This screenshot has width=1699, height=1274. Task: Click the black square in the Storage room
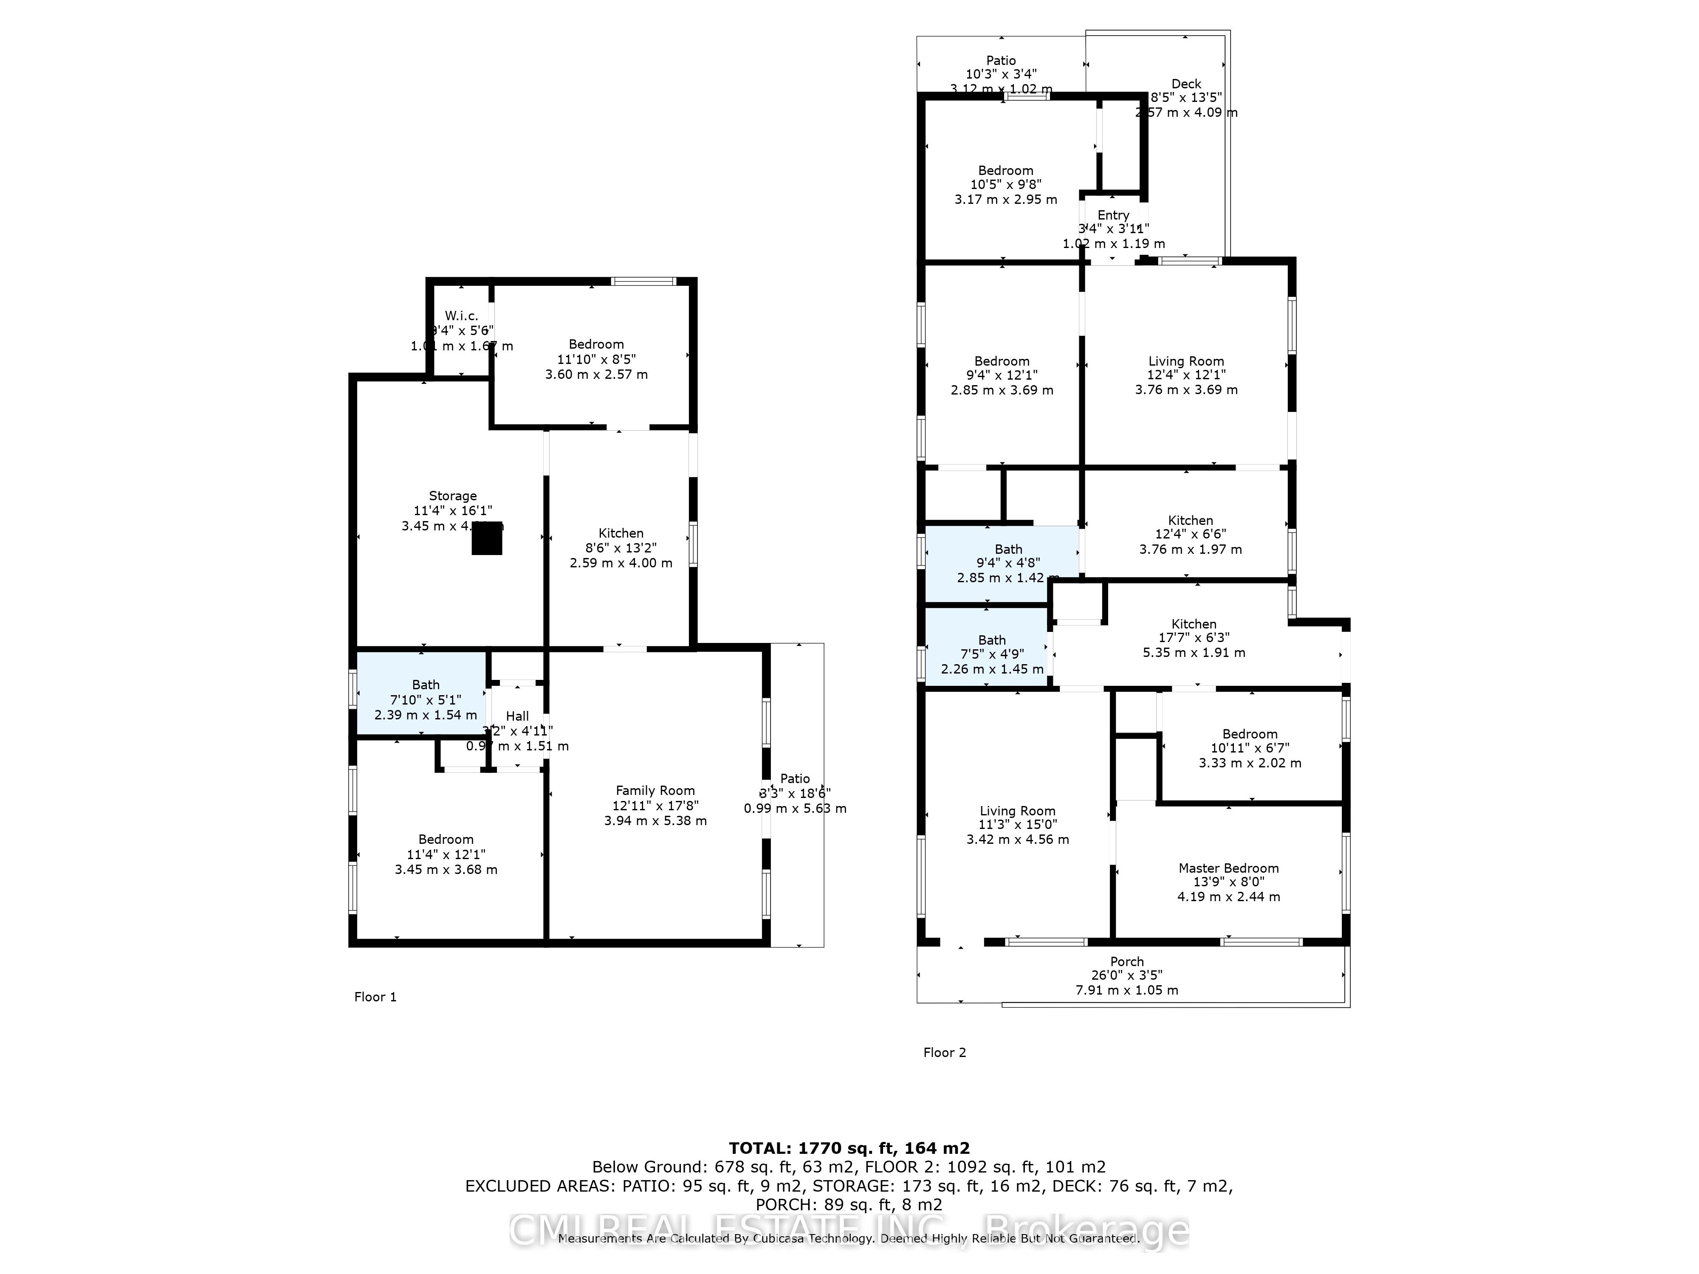coord(486,542)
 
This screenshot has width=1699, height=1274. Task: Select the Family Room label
coord(655,790)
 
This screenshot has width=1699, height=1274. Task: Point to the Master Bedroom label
coord(1229,868)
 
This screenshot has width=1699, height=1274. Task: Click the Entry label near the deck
coord(1113,215)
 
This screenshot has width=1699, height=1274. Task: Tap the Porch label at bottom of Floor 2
coord(1127,961)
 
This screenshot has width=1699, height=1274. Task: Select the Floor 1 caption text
coord(375,997)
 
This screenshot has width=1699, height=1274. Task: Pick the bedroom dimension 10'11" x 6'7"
coord(1250,748)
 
